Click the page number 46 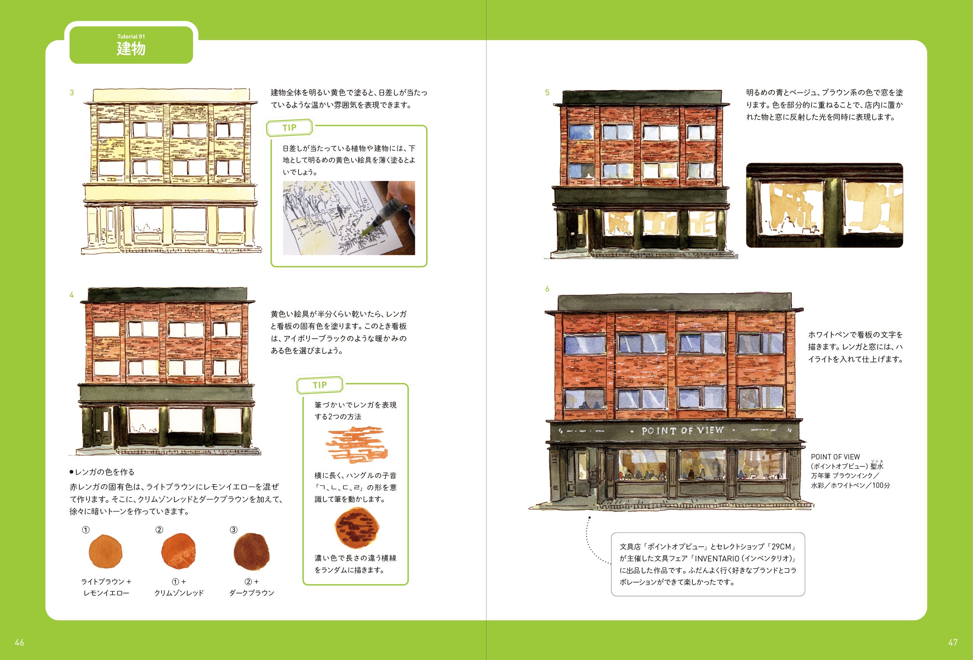pos(19,642)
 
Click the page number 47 pos(953,642)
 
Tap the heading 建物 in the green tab pos(131,49)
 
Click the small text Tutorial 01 pos(131,37)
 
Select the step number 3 pos(72,93)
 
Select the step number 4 pos(72,295)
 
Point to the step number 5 pos(547,93)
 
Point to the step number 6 pos(547,289)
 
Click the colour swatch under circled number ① pos(105,551)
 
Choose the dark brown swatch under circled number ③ pos(251,551)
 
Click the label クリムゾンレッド pos(179,593)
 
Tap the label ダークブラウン pos(252,593)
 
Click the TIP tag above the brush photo pos(289,128)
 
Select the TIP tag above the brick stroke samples pos(320,385)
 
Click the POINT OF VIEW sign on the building pos(682,431)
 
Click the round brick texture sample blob pos(357,527)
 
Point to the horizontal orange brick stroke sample pos(356,444)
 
